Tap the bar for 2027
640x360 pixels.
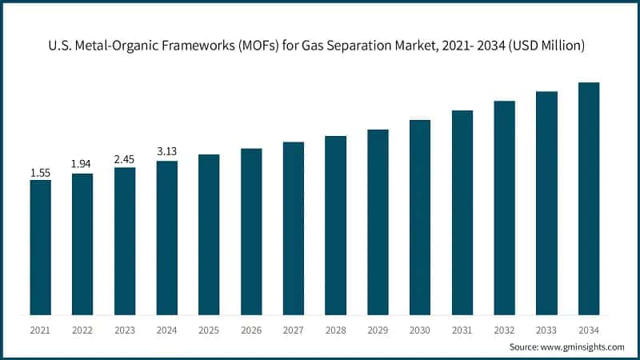[294, 227]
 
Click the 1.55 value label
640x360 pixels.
[41, 173]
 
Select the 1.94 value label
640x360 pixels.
[82, 164]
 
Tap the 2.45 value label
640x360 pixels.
[125, 158]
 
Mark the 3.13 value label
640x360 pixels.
[167, 151]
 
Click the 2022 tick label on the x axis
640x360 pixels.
[82, 330]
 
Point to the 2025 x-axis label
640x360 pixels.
[209, 330]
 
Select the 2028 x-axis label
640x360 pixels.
[335, 330]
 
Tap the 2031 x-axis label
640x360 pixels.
[462, 330]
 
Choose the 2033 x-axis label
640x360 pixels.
[546, 330]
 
